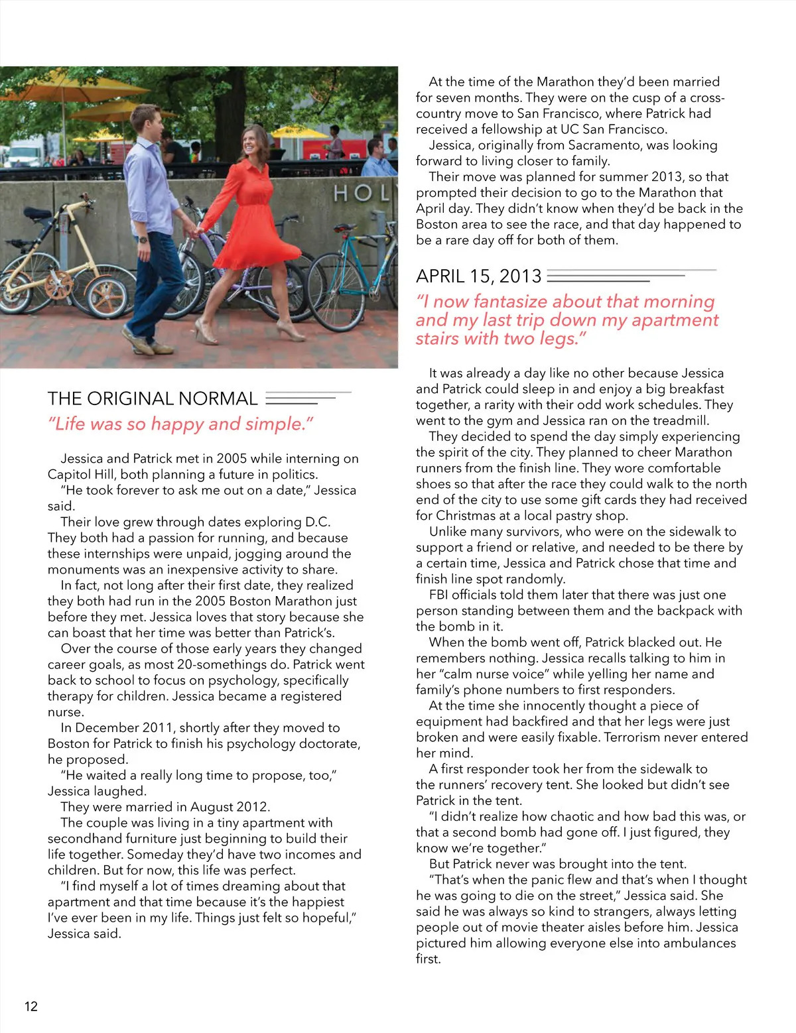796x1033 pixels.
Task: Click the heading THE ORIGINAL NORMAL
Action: [x=152, y=398]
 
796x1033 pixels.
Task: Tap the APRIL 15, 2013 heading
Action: [x=478, y=276]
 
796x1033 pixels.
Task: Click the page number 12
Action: [x=31, y=1006]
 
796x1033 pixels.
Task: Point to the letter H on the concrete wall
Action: [x=342, y=194]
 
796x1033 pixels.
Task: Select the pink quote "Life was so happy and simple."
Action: [x=180, y=424]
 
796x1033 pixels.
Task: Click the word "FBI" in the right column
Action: [x=442, y=595]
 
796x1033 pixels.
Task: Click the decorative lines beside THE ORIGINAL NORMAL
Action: [x=306, y=398]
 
